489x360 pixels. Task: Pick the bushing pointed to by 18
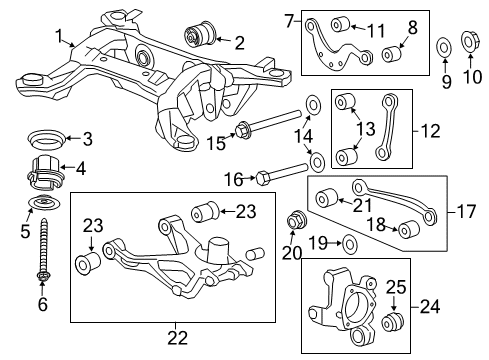click(408, 232)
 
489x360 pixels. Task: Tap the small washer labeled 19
click(348, 242)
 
